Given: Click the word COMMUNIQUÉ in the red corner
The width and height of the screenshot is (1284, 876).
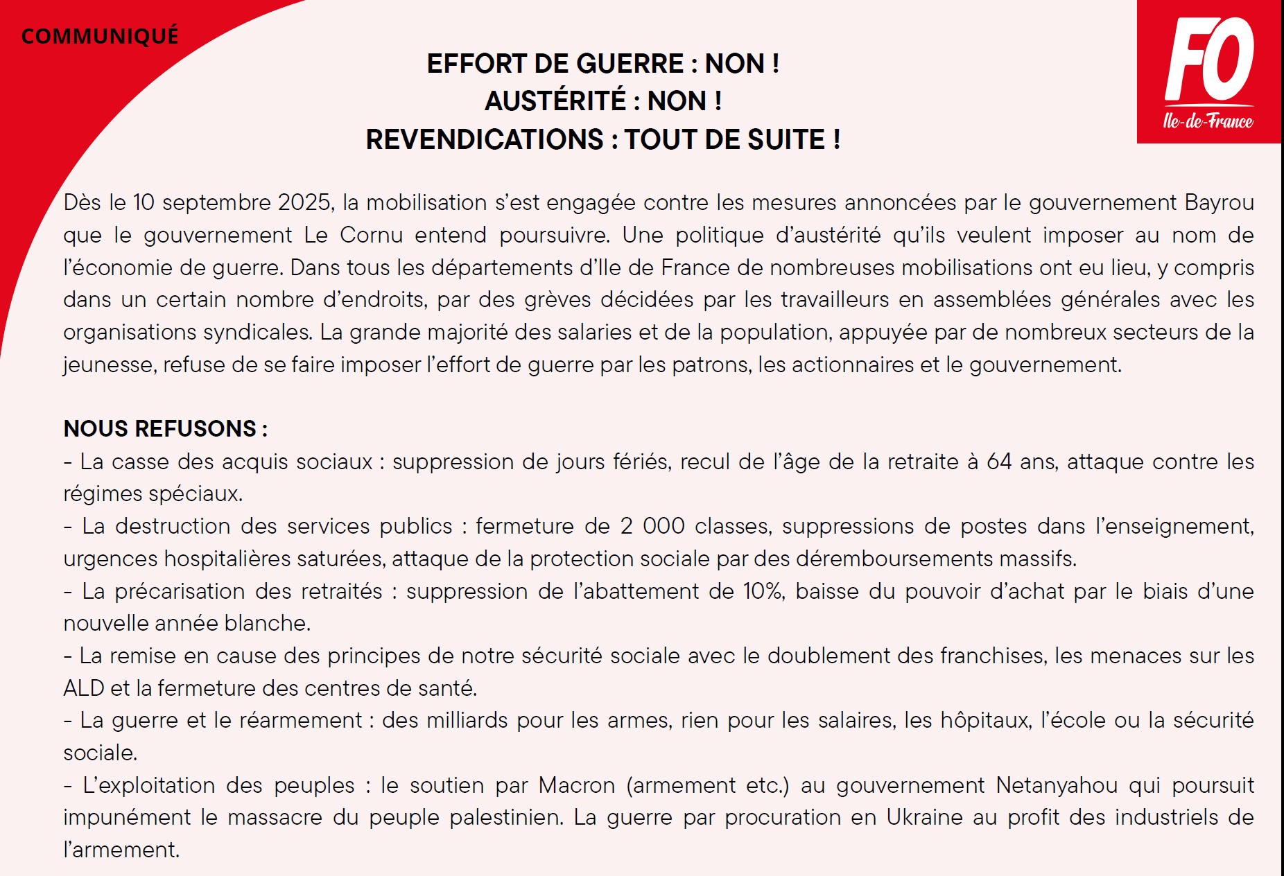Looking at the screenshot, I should (x=100, y=36).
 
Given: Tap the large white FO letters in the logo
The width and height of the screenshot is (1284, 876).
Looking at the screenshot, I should (x=1209, y=60).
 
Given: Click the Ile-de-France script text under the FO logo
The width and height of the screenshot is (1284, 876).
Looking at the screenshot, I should (x=1208, y=121).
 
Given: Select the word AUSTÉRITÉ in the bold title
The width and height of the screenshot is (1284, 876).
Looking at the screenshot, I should (x=555, y=101).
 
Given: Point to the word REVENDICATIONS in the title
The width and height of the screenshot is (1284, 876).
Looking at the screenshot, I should (x=485, y=139).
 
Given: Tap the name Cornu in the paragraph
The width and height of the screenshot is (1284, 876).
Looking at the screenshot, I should (x=371, y=235).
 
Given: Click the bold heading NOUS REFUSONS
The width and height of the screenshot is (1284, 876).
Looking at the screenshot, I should (x=165, y=428).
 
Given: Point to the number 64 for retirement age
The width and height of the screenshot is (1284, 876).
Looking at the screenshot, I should (x=998, y=462).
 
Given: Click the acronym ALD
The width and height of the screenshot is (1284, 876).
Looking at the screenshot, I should (x=83, y=688).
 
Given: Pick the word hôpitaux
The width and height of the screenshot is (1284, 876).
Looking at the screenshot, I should (x=984, y=721).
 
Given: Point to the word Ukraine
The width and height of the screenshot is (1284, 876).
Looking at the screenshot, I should (x=923, y=818).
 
